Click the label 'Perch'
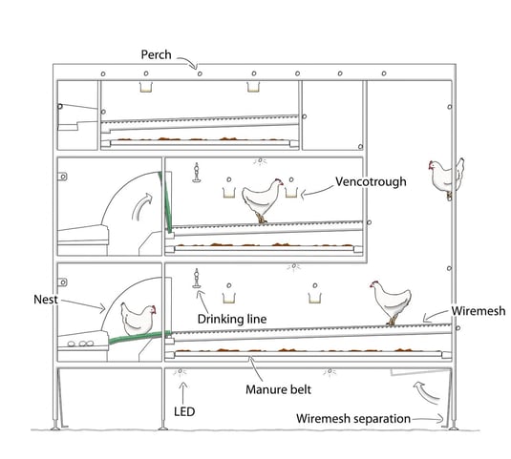click(x=156, y=54)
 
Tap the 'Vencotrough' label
click(x=371, y=181)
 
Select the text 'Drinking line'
click(x=232, y=319)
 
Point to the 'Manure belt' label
click(x=278, y=389)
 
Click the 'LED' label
click(x=184, y=412)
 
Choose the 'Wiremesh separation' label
click(x=353, y=419)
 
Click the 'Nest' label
click(x=46, y=300)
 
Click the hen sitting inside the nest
click(x=138, y=319)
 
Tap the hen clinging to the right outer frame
click(x=446, y=178)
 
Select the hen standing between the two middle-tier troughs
click(x=263, y=199)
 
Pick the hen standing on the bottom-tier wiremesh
click(x=391, y=303)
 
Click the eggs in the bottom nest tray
click(x=81, y=344)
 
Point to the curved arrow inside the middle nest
click(x=142, y=207)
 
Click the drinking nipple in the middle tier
click(x=196, y=173)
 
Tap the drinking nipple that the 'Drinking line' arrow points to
click(x=197, y=279)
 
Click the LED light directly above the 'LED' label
click(x=180, y=371)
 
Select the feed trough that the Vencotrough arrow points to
click(x=291, y=192)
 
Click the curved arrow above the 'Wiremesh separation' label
click(x=426, y=393)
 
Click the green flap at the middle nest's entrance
click(x=164, y=202)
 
